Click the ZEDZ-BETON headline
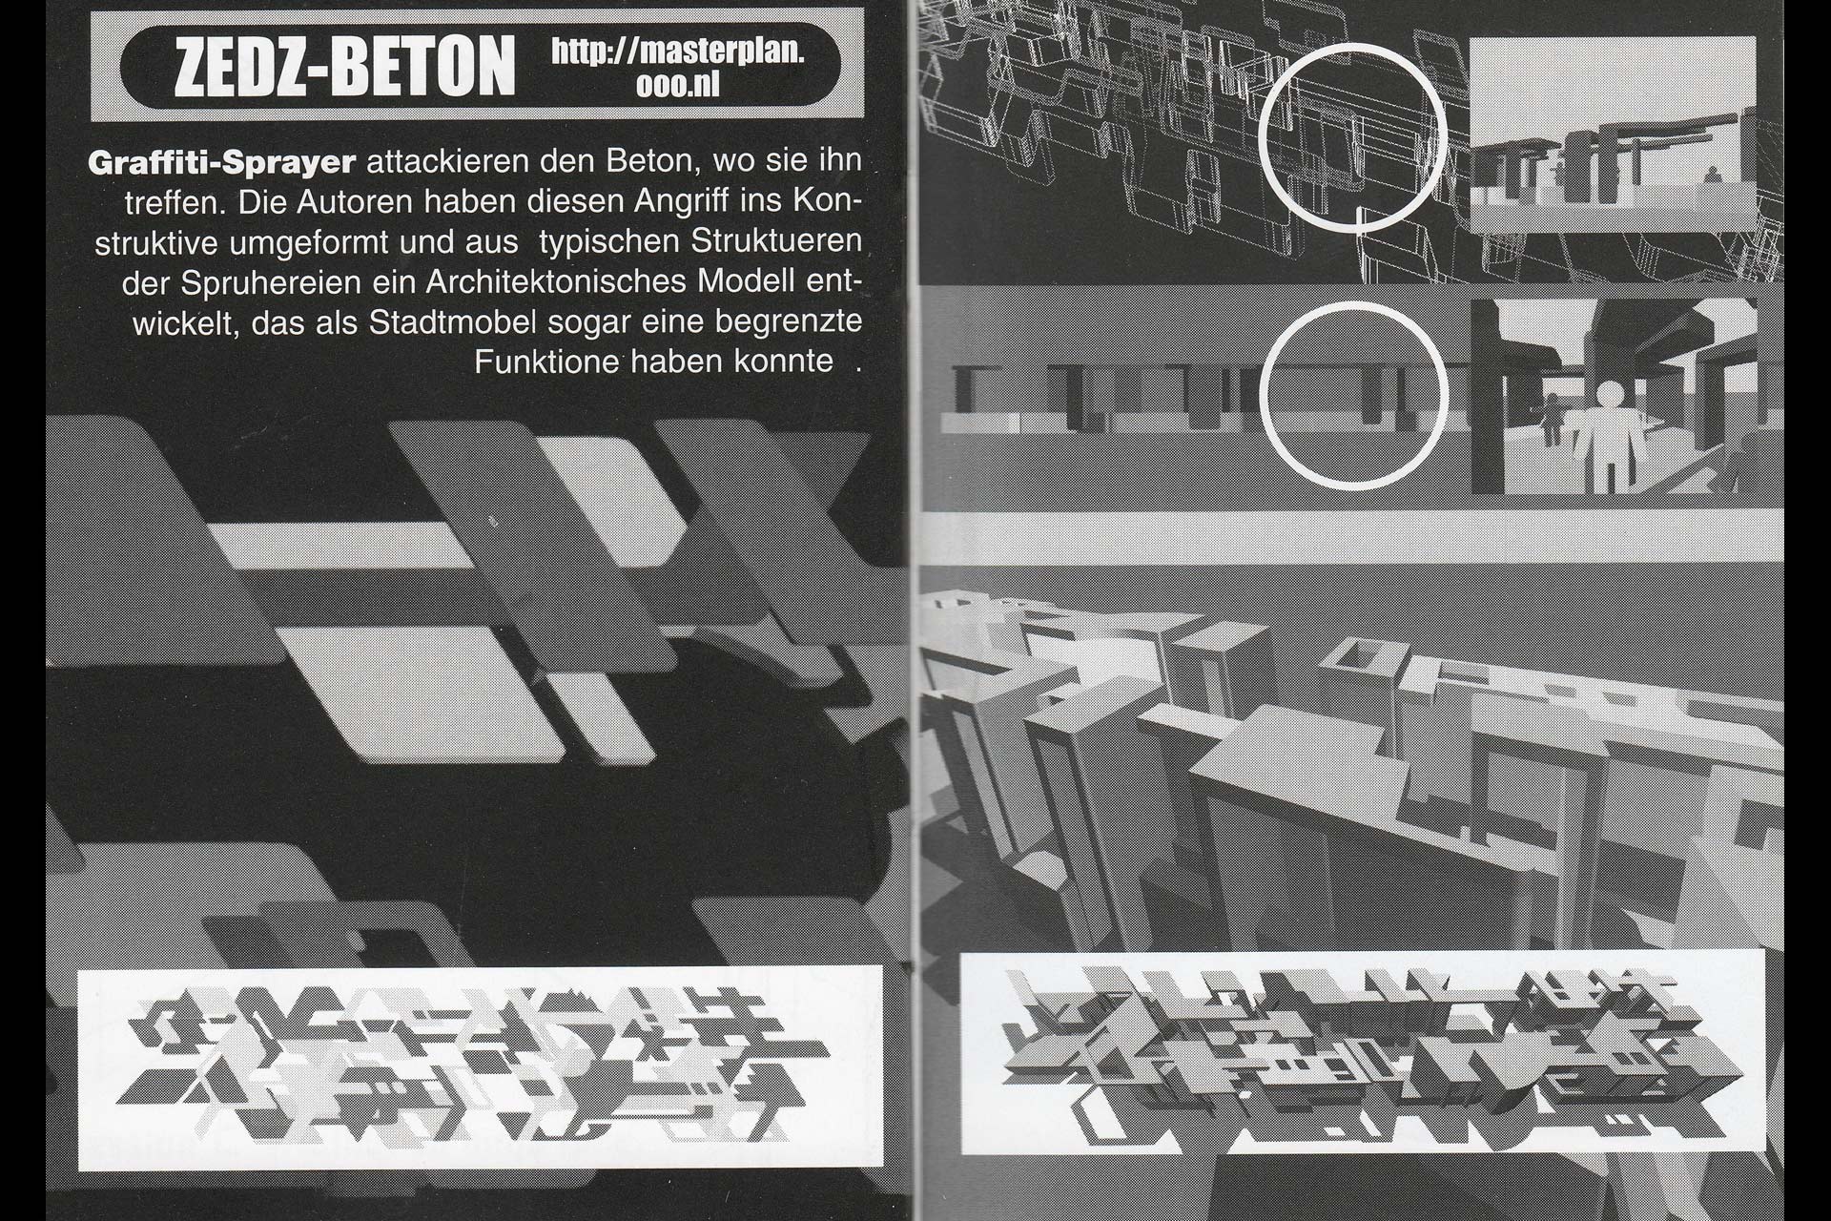click(344, 66)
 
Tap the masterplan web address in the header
click(678, 66)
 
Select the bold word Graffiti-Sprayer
click(222, 162)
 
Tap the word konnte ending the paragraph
click(784, 362)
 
